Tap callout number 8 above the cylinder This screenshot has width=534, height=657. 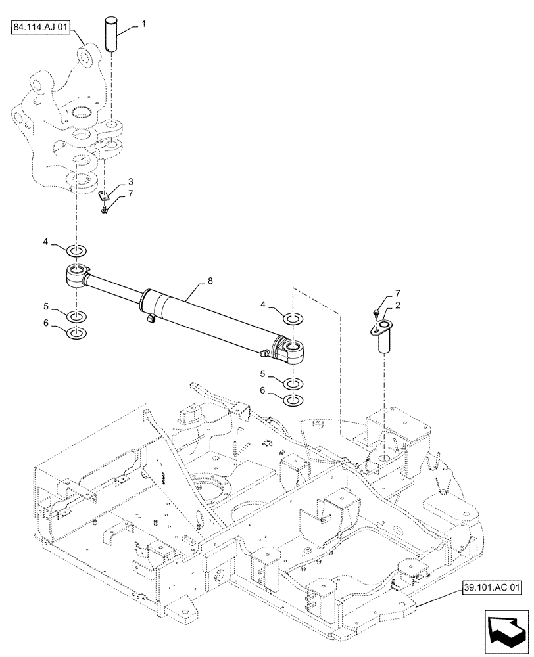pos(210,281)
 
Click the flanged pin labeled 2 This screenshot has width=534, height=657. pos(384,337)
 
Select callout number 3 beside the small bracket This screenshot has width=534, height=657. pos(130,181)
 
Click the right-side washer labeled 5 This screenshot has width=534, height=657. pos(294,382)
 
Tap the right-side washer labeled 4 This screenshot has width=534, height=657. pos(294,319)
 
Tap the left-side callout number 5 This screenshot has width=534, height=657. pos(45,306)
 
